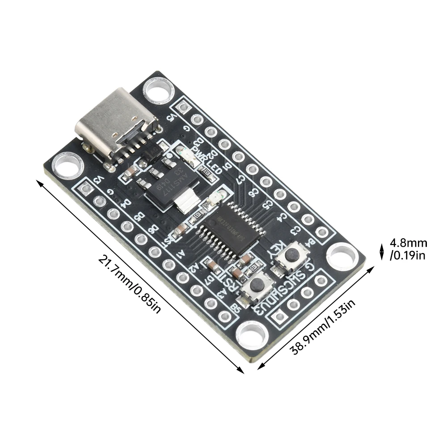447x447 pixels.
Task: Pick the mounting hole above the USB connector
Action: tap(157, 90)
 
